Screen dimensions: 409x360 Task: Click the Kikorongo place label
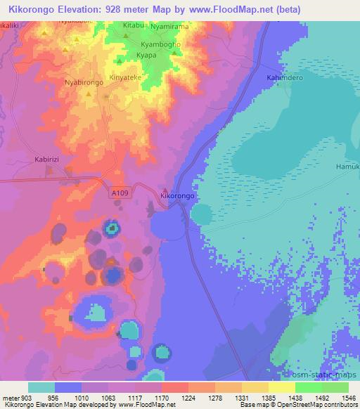(x=177, y=196)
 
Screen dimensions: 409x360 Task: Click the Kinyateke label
(x=124, y=78)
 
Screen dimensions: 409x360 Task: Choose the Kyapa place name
(x=146, y=54)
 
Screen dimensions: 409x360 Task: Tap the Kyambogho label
(x=160, y=44)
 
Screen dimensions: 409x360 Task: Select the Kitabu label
(x=133, y=25)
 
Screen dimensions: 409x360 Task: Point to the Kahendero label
(x=285, y=78)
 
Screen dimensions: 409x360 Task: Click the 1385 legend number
(x=268, y=397)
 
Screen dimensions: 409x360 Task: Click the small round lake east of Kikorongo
(x=202, y=214)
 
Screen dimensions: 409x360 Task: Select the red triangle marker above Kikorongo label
(x=165, y=189)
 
